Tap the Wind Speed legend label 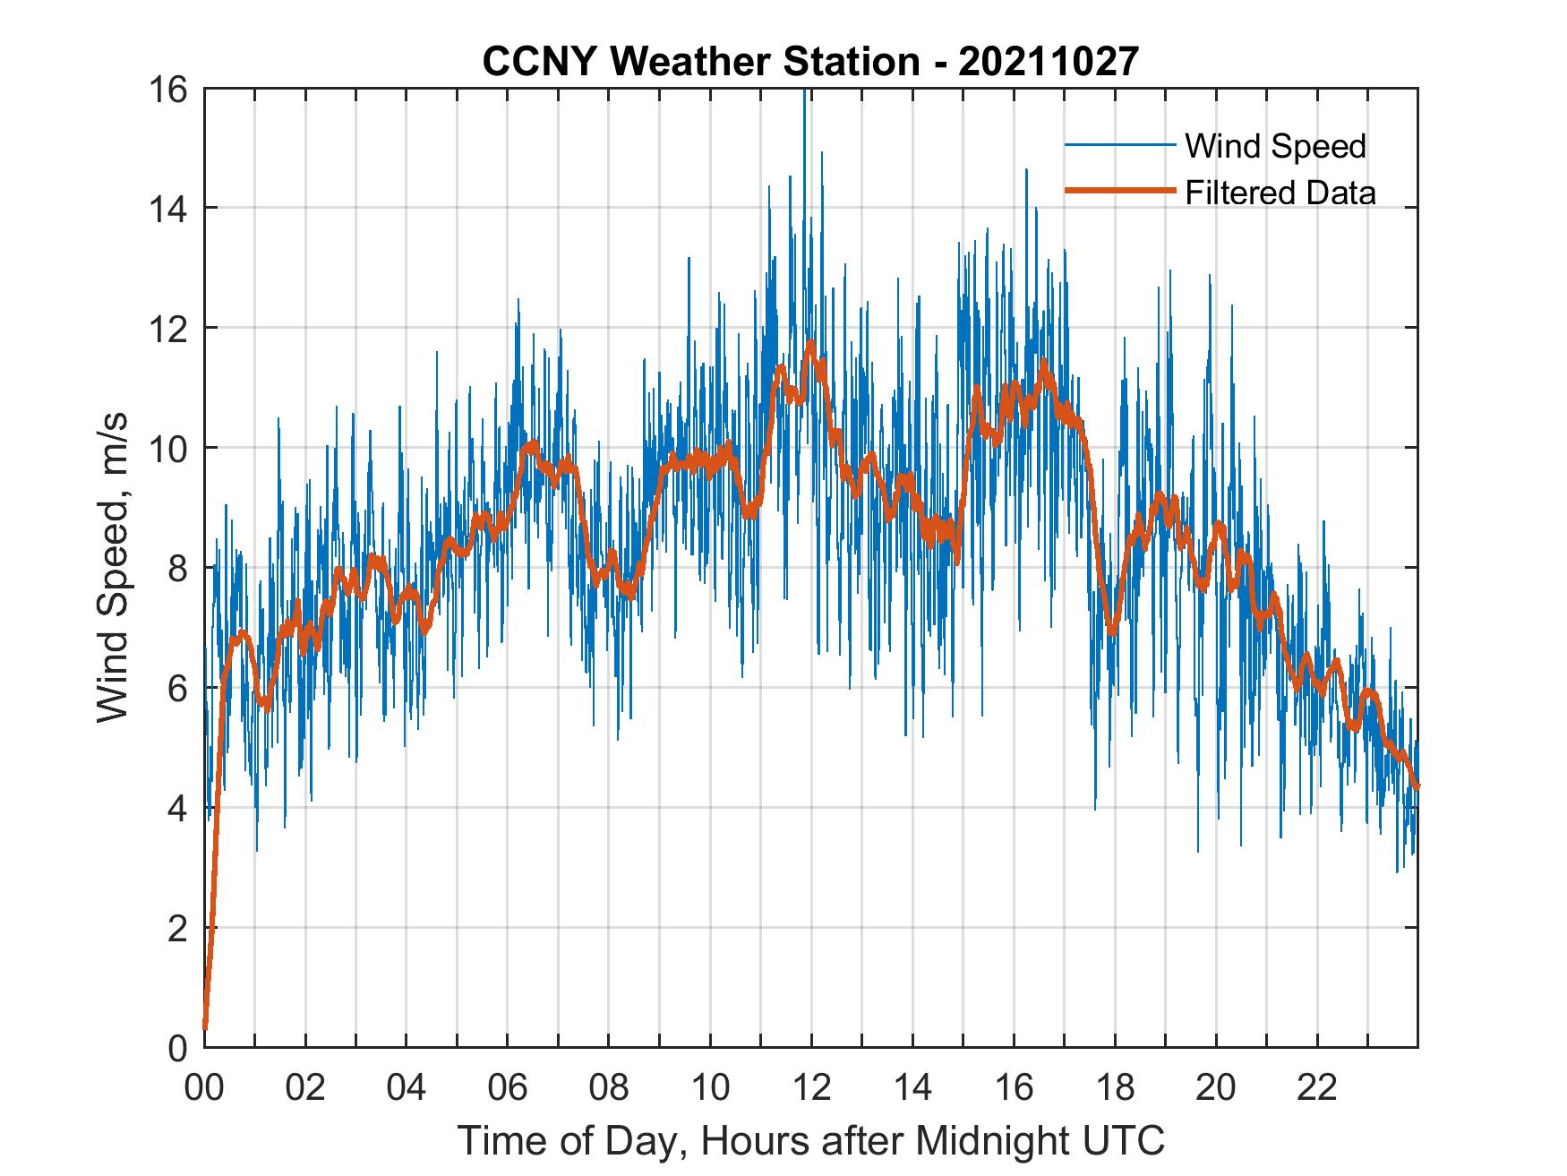tap(1275, 146)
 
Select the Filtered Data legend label tap(1280, 193)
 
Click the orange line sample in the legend tap(1119, 191)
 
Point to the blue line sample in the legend tap(1119, 145)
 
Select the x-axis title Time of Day tap(810, 1140)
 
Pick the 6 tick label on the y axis tap(177, 688)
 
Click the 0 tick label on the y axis tap(177, 1047)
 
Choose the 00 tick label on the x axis tap(204, 1087)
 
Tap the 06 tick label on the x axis tap(508, 1087)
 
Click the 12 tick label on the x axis tap(811, 1087)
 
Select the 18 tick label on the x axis tap(1115, 1087)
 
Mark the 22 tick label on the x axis tap(1317, 1087)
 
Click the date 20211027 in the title tap(1049, 62)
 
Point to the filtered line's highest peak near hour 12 tap(811, 342)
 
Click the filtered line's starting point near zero tap(205, 1028)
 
